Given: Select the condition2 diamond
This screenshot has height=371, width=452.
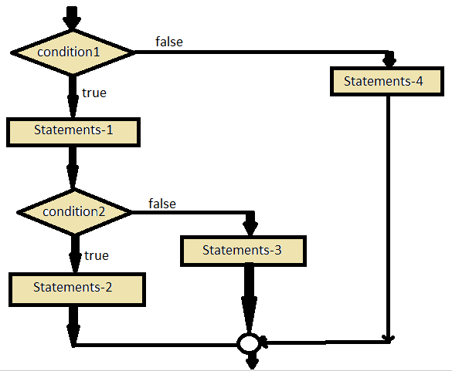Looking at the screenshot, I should coord(73,211).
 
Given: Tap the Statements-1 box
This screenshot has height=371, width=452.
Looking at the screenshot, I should coord(73,130).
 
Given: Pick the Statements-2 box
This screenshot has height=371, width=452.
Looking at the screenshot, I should coord(73,288).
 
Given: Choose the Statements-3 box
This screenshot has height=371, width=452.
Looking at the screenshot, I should coord(244,250).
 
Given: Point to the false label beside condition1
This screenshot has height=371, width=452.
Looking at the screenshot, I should coord(168,42).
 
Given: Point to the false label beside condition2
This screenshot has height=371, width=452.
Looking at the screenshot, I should coord(161,204).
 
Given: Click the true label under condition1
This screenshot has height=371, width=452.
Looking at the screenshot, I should coord(93,93).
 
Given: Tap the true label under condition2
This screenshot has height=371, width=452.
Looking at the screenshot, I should coord(96,255).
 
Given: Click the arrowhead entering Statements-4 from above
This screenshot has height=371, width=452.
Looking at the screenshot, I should coord(389,60).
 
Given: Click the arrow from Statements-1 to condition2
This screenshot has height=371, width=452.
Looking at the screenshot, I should coord(73,167).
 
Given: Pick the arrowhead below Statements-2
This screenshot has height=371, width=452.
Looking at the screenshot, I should coord(73,333).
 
